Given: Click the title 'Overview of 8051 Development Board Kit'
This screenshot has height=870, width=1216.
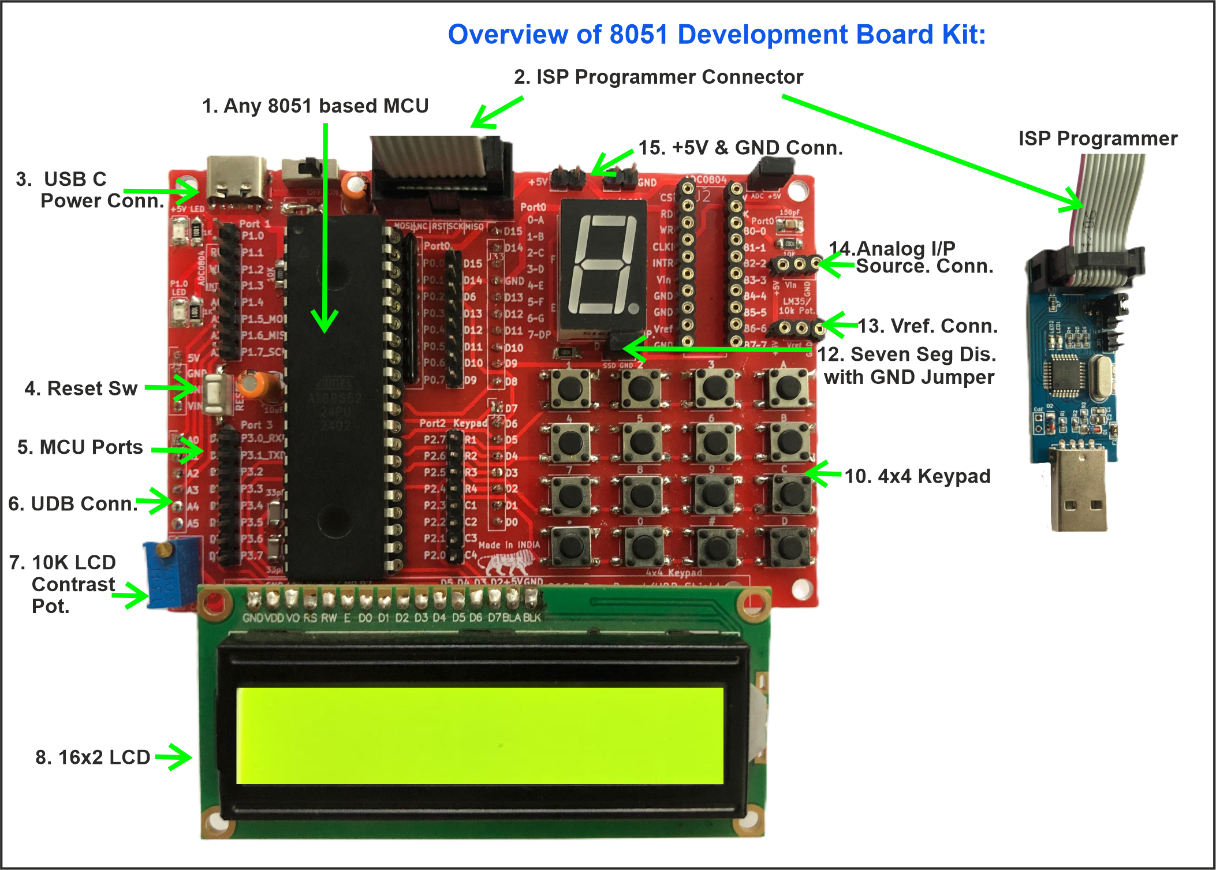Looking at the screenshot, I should point(716,35).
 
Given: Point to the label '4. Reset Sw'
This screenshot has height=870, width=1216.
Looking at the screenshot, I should point(81,389).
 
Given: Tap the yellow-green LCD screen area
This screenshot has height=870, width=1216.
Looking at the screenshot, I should point(479,735).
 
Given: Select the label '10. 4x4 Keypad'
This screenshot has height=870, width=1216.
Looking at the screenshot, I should point(917,476).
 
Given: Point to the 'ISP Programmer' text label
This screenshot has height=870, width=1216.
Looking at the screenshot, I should point(1097,139).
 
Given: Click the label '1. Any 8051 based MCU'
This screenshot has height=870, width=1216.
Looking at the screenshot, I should point(315,106).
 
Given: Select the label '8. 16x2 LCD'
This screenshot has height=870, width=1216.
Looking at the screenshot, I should point(92,757).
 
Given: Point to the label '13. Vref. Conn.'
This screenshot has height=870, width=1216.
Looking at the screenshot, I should point(927,326).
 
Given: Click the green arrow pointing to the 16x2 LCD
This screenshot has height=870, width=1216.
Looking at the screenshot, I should point(173,757).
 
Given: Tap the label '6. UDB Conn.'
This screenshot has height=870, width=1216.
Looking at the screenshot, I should point(73,503).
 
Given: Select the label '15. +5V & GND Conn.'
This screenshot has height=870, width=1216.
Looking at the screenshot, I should point(740,148).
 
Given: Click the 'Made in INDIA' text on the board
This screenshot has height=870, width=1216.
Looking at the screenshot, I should point(509,545).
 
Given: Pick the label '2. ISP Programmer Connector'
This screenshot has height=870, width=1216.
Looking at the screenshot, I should point(658,77).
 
